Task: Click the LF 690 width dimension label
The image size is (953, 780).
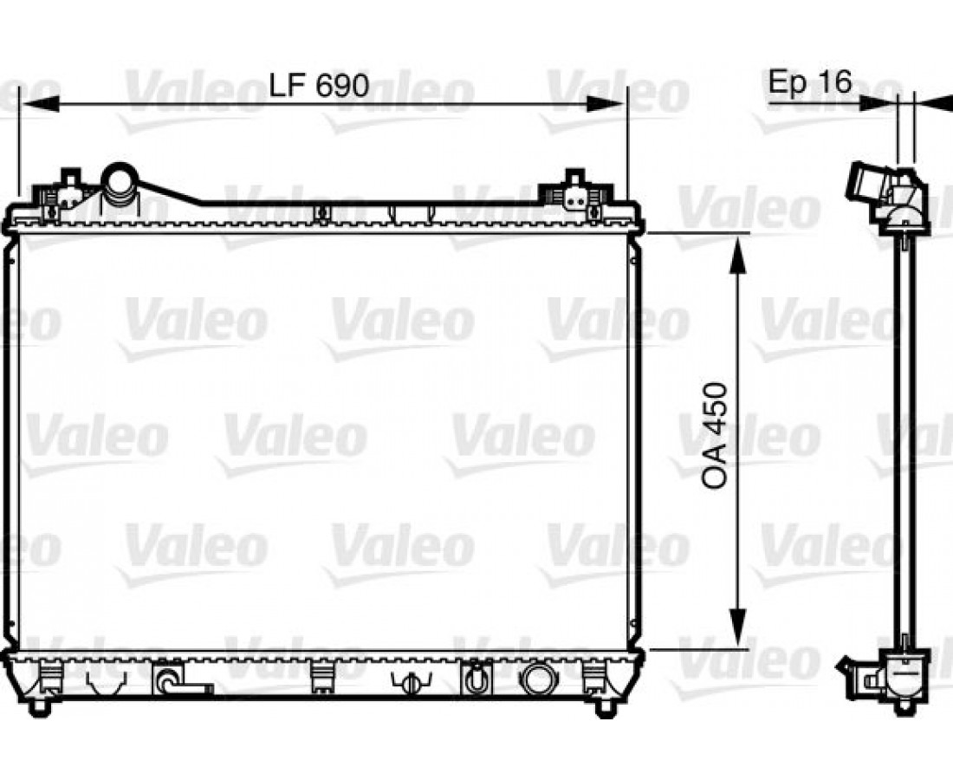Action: tap(319, 85)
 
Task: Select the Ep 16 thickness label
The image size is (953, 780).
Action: tap(810, 81)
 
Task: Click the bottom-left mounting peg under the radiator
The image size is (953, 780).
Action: tap(40, 706)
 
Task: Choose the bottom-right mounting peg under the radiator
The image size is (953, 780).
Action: tap(604, 706)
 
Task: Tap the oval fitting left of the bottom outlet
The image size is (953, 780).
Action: tap(475, 677)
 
